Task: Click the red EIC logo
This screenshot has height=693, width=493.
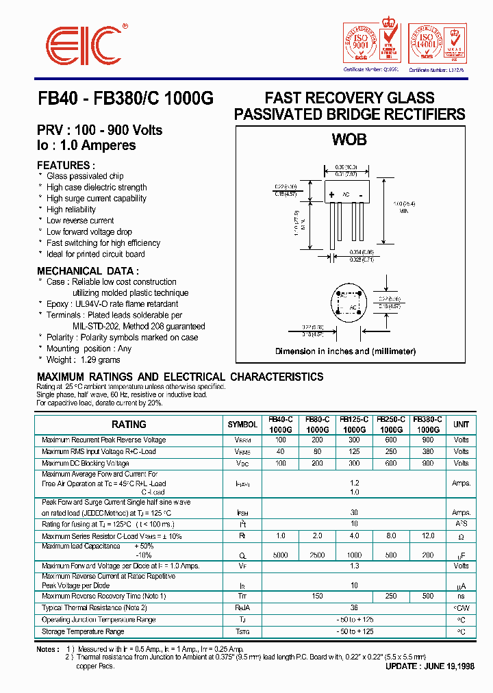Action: coord(81,47)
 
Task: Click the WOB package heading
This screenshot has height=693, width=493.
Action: coord(349,140)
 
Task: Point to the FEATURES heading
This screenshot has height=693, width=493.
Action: coord(64,165)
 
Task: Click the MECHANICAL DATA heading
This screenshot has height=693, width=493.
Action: coord(87,270)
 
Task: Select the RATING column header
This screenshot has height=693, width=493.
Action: coord(129,425)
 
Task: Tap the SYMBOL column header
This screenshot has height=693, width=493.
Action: coord(242,425)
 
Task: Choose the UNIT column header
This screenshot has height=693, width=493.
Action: coord(461,425)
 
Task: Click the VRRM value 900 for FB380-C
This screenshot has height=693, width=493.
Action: coord(428,440)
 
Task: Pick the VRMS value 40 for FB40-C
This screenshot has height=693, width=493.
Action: coord(280,451)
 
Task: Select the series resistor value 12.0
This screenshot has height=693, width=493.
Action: coord(428,535)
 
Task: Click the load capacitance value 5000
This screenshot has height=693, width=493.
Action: coord(280,555)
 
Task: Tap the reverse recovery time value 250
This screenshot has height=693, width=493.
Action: coord(391,596)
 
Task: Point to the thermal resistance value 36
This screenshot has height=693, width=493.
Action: coord(354,607)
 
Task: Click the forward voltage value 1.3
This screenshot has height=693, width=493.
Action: coord(354,566)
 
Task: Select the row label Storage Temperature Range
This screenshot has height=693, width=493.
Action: coord(83,631)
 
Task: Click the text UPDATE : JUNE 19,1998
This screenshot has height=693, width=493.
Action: coord(429,666)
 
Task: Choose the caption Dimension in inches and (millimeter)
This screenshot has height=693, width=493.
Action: coord(345,351)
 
